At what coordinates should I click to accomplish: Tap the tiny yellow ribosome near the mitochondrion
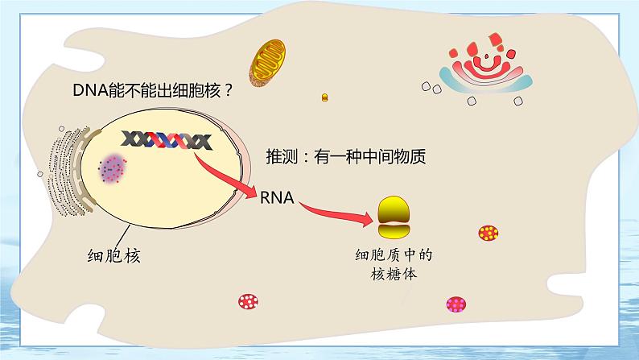coord(325,97)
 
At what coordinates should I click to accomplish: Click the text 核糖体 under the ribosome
coord(394,275)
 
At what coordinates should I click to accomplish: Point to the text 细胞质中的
coord(394,256)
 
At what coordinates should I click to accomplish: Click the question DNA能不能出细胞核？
coord(152,90)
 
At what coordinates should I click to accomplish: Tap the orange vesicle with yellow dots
coord(488,234)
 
